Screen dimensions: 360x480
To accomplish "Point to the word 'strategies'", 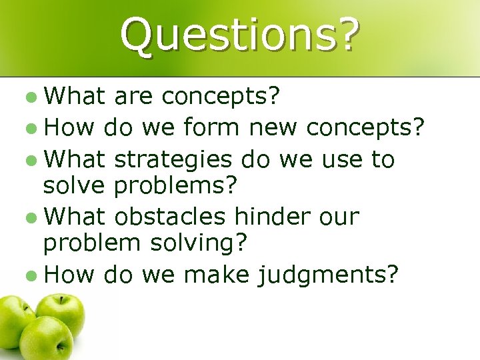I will pos(173,160).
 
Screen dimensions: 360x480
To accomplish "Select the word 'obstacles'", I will pos(171,216).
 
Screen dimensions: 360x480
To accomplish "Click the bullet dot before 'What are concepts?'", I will pos(33,99).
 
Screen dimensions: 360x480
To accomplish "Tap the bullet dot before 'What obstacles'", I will pos(33,217).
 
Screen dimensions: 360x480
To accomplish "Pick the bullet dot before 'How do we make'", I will pos(33,273).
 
